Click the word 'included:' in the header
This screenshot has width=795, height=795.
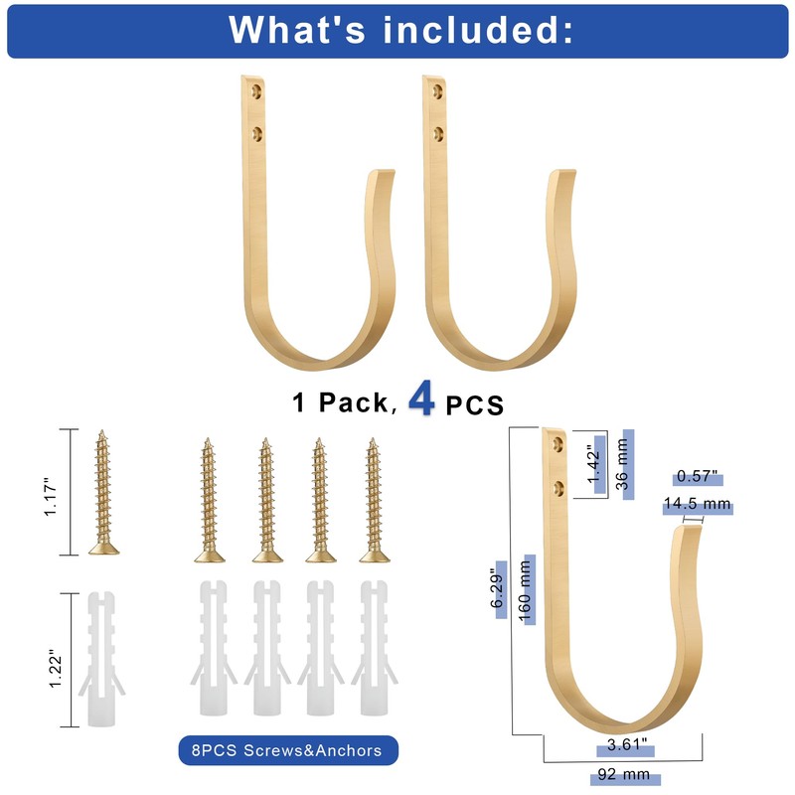click(x=478, y=30)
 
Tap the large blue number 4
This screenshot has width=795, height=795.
click(x=421, y=399)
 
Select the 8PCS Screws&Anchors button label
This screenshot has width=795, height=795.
click(x=286, y=750)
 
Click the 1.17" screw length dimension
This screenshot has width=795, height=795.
click(x=51, y=496)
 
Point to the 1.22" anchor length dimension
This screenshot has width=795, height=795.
click(x=55, y=668)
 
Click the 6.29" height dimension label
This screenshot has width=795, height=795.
click(x=498, y=589)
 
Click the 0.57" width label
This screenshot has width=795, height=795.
click(x=698, y=476)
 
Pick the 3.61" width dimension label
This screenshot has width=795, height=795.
click(x=627, y=744)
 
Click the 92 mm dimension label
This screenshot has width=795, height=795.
click(x=624, y=774)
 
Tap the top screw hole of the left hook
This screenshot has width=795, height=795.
click(x=257, y=91)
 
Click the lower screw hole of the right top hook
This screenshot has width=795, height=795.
click(x=438, y=134)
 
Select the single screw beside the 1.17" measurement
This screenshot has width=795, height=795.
click(x=103, y=492)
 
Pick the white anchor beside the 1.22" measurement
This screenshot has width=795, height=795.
click(x=102, y=659)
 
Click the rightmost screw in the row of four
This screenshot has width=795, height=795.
click(x=375, y=501)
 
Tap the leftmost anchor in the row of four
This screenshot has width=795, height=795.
click(x=214, y=648)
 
